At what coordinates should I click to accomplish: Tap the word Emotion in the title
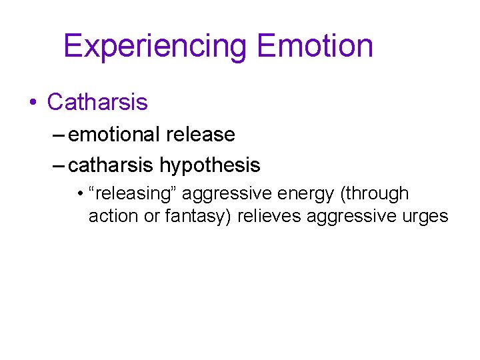point(315,47)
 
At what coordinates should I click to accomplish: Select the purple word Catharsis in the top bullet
point(97,102)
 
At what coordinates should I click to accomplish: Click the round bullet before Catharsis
point(32,103)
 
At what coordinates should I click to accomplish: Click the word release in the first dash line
point(200,134)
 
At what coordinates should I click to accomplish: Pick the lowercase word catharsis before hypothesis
point(111,164)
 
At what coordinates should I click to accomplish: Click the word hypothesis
point(209,164)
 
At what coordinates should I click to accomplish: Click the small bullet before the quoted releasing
point(79,195)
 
